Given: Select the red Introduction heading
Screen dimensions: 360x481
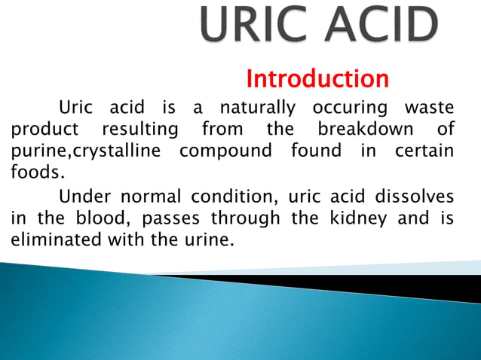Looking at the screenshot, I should [317, 78].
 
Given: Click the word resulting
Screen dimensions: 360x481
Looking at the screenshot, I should [140, 129].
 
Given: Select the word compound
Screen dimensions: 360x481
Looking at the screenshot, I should [225, 151].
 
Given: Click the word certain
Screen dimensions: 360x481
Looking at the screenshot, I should [424, 151].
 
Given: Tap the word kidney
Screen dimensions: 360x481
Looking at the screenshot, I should [366, 219].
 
